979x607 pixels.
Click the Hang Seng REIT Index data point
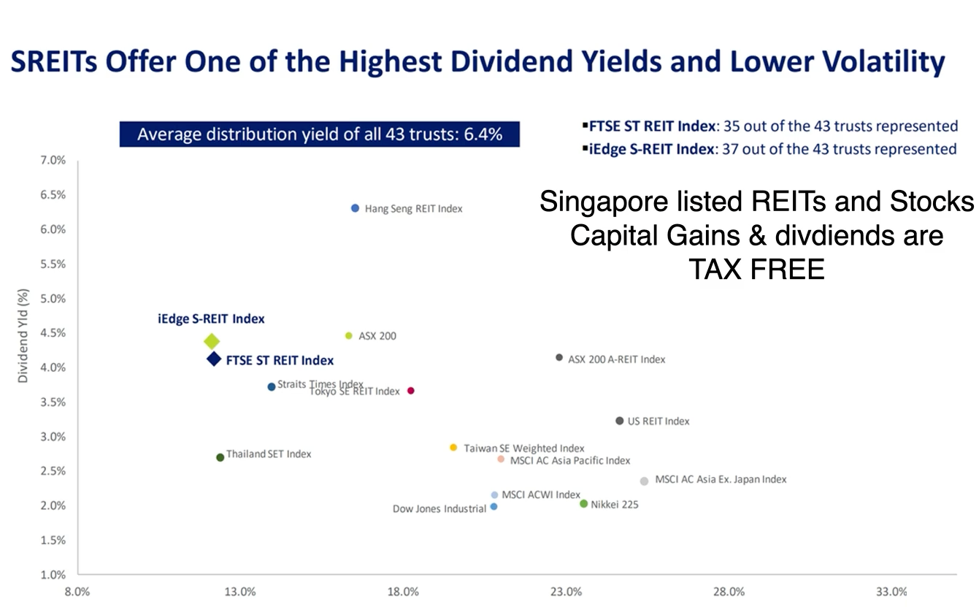[x=355, y=208]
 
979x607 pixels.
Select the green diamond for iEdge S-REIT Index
[x=212, y=341]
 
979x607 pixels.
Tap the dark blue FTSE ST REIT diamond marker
[x=214, y=359]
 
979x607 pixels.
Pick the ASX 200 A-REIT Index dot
[x=559, y=357]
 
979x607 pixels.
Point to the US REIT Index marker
[x=620, y=421]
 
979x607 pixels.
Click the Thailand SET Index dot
[x=220, y=457]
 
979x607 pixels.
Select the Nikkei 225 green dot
[x=583, y=503]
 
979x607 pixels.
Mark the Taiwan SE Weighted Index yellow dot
[x=453, y=447]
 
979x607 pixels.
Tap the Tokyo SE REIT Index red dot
[x=411, y=391]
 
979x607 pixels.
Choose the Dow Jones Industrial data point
[x=494, y=506]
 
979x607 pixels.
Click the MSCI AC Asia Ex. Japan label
[x=721, y=480]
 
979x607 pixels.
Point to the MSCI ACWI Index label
[x=541, y=495]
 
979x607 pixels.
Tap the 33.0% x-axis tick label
[x=891, y=592]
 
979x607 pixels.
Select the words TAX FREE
[x=756, y=270]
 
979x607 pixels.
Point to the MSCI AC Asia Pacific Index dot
[x=501, y=459]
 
